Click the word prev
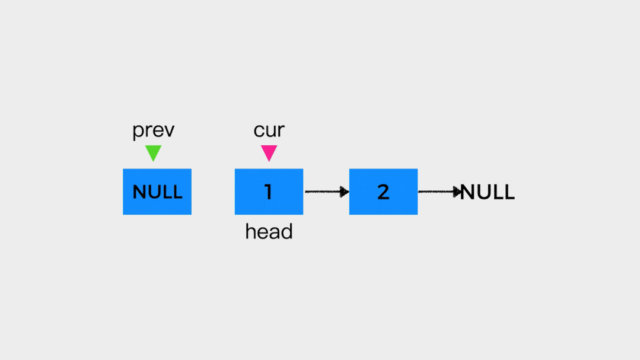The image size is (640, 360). (x=154, y=130)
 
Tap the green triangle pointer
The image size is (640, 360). (x=154, y=152)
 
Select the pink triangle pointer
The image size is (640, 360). (x=269, y=152)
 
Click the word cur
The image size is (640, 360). (x=269, y=130)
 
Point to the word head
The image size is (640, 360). (x=269, y=231)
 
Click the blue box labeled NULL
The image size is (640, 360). (x=157, y=192)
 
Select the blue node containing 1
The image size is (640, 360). (x=269, y=192)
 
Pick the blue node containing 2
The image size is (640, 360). (x=383, y=192)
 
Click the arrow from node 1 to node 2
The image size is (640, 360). (x=327, y=192)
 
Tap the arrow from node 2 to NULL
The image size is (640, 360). (x=440, y=192)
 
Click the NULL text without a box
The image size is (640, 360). (x=488, y=192)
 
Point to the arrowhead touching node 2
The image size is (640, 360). (x=345, y=192)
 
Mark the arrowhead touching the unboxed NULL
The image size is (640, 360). (x=457, y=192)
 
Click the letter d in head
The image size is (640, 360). (x=287, y=231)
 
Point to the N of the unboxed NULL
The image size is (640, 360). (x=468, y=192)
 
